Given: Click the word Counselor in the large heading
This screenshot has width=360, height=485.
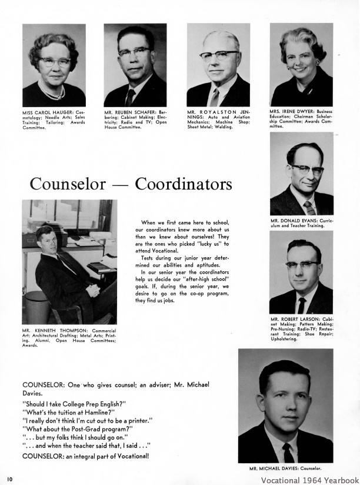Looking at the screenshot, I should (68, 184).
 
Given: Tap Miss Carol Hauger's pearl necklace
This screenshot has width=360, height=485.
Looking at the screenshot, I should (54, 94).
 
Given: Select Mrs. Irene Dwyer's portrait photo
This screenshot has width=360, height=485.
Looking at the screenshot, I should (301, 64).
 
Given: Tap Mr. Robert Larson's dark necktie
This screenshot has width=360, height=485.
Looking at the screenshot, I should (301, 305).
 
